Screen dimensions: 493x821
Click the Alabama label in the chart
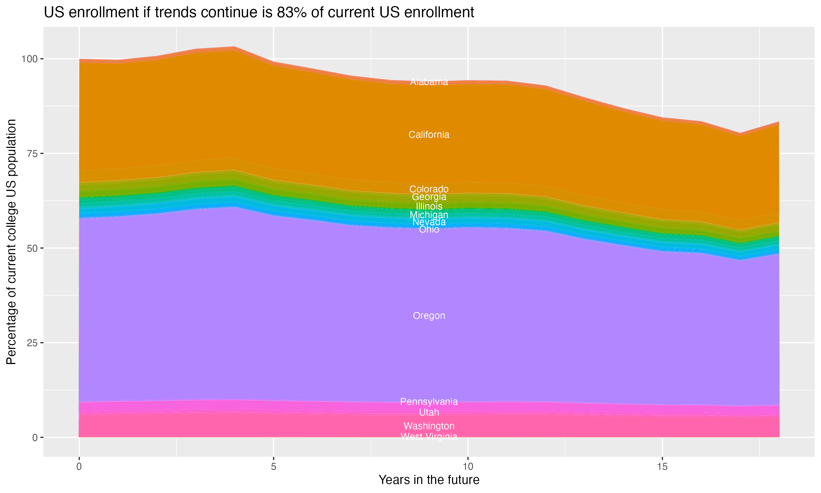click(x=429, y=82)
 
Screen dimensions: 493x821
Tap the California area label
click(x=429, y=134)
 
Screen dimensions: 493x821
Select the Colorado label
click(x=429, y=189)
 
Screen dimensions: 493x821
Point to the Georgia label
click(x=429, y=197)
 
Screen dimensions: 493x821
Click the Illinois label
click(x=429, y=206)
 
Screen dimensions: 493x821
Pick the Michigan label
click(x=429, y=215)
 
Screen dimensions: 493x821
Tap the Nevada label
click(x=429, y=222)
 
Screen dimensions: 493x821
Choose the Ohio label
click(x=429, y=230)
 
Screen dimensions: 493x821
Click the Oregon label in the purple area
click(x=429, y=316)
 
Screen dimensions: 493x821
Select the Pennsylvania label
click(x=429, y=402)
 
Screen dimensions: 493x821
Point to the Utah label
click(x=429, y=412)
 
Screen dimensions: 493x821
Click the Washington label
click(x=429, y=426)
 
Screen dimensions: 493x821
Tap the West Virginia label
click(x=429, y=437)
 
